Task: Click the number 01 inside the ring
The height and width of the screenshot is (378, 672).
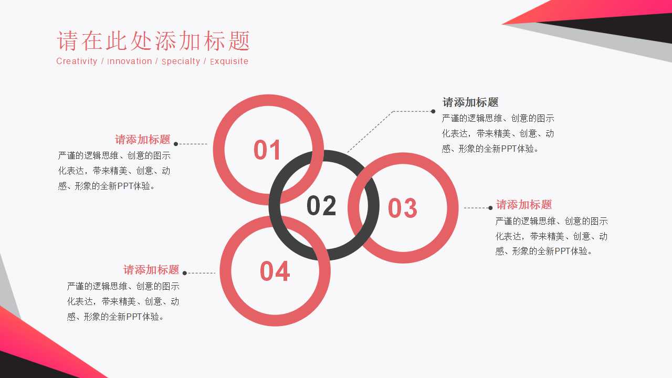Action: click(x=268, y=150)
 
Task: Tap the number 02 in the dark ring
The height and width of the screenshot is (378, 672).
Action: click(x=321, y=206)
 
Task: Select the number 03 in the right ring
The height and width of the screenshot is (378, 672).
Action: click(x=403, y=208)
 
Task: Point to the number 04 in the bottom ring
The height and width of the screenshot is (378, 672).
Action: click(x=275, y=271)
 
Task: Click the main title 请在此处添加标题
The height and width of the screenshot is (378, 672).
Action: click(x=153, y=41)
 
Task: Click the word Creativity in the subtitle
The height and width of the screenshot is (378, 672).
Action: click(x=77, y=61)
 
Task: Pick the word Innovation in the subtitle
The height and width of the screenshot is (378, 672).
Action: click(x=130, y=61)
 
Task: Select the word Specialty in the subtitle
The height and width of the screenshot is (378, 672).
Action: click(x=181, y=61)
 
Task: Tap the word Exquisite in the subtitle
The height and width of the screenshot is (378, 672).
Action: click(x=229, y=61)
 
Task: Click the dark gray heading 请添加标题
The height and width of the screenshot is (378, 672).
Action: click(x=470, y=102)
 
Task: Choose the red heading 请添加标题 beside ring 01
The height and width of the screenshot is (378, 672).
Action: click(x=143, y=140)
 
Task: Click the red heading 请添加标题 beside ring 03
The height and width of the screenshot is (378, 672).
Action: click(x=524, y=205)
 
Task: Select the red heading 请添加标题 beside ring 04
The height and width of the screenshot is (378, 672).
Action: click(x=151, y=270)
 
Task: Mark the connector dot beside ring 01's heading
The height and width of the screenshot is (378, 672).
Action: click(x=176, y=144)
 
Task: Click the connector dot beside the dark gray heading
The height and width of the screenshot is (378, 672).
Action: click(x=433, y=111)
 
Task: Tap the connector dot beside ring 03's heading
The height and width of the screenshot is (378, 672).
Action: click(x=491, y=208)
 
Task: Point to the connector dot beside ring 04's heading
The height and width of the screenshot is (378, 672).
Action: click(x=184, y=273)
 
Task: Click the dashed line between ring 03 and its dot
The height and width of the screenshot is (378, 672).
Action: click(x=476, y=208)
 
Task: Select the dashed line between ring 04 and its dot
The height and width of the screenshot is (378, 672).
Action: click(x=201, y=273)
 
